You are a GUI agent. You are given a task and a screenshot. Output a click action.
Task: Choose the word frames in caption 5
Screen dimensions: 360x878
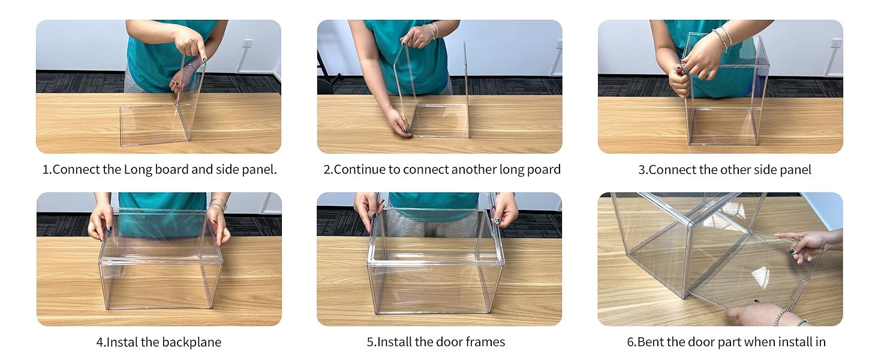pos(485,343)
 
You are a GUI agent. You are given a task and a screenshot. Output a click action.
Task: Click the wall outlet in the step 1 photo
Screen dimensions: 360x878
pos(247,44)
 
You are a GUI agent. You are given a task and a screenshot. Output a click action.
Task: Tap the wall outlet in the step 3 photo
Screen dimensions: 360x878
pos(836,43)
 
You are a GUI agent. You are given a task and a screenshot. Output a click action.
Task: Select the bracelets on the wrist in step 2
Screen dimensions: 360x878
pos(430,30)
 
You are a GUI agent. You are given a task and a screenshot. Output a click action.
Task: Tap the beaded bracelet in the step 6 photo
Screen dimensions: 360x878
pos(782,316)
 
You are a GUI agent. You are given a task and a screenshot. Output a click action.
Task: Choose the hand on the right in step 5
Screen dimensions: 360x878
pos(504,209)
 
